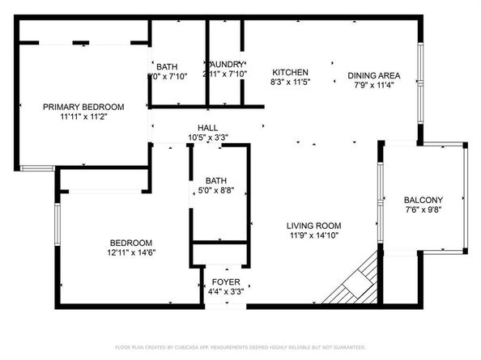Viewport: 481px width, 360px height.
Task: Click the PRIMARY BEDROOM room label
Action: (83, 107)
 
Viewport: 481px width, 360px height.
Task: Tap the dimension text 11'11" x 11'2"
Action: (83, 116)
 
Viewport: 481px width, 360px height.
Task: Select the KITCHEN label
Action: (289, 73)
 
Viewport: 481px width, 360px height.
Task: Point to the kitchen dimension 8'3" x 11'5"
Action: (289, 83)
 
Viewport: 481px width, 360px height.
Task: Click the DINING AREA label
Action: (374, 76)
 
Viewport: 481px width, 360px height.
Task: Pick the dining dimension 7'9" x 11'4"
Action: (374, 86)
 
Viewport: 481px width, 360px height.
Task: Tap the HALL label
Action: (207, 128)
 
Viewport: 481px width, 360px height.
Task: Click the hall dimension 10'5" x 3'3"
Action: (207, 138)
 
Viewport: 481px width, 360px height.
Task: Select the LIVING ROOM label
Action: (313, 226)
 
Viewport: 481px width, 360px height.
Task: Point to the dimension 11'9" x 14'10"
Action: (313, 235)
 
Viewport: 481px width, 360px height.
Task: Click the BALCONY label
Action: (424, 201)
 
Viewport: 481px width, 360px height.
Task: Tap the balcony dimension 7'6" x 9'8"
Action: (424, 210)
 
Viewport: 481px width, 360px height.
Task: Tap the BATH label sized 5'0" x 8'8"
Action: (215, 181)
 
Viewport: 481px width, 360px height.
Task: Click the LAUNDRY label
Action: (226, 65)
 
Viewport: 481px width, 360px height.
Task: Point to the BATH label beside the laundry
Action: (167, 66)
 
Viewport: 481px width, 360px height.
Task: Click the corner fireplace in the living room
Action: (353, 282)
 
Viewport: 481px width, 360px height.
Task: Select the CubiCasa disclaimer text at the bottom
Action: (240, 347)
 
